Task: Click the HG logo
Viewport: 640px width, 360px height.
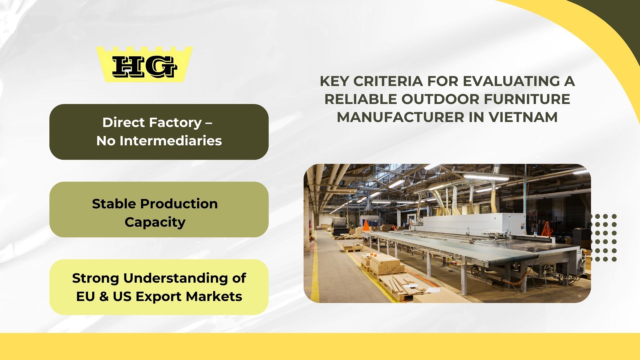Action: click(144, 64)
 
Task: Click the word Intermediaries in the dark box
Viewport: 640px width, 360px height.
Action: click(171, 141)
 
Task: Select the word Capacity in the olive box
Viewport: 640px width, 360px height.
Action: click(155, 222)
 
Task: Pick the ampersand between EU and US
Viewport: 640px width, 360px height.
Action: click(104, 297)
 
